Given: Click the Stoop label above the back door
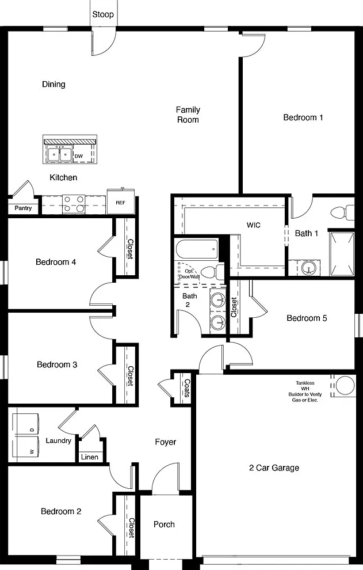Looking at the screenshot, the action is (x=103, y=14).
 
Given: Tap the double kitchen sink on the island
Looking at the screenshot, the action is (x=59, y=154).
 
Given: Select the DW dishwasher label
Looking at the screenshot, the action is (x=78, y=156).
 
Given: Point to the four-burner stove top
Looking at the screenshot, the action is (x=74, y=204).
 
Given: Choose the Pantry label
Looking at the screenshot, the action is (x=23, y=208).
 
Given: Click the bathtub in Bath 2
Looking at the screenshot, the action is (x=197, y=249).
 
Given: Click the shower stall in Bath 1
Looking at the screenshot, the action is (x=342, y=253).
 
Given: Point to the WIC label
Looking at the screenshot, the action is (x=253, y=225).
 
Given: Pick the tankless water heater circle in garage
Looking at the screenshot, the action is (x=345, y=385).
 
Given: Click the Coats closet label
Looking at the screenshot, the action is (x=187, y=388).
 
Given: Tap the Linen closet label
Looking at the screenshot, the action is (x=89, y=457).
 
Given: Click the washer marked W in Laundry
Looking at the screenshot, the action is (x=26, y=447).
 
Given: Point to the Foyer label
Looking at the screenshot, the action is (x=165, y=442).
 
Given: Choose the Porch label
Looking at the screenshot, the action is (x=164, y=525).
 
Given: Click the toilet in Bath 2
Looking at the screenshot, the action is (x=213, y=272).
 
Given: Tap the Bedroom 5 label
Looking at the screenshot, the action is (x=307, y=318).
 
